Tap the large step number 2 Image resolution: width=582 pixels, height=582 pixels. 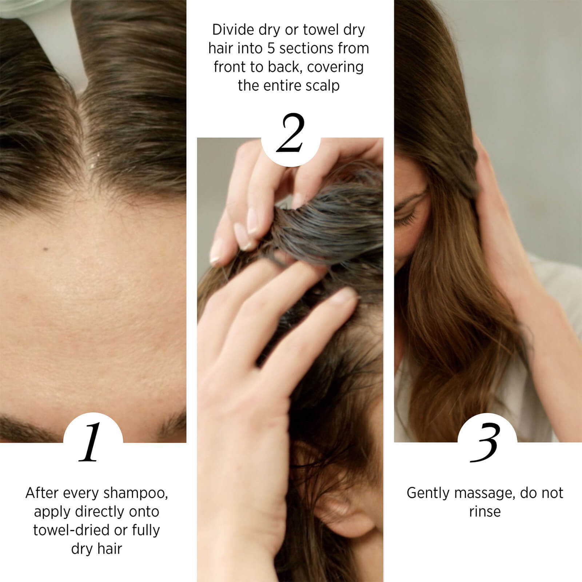(x=290, y=133)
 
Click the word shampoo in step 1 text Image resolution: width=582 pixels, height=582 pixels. (x=136, y=494)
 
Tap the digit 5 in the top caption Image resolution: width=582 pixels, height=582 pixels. (x=271, y=48)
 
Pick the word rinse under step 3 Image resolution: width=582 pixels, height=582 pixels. (x=485, y=512)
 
